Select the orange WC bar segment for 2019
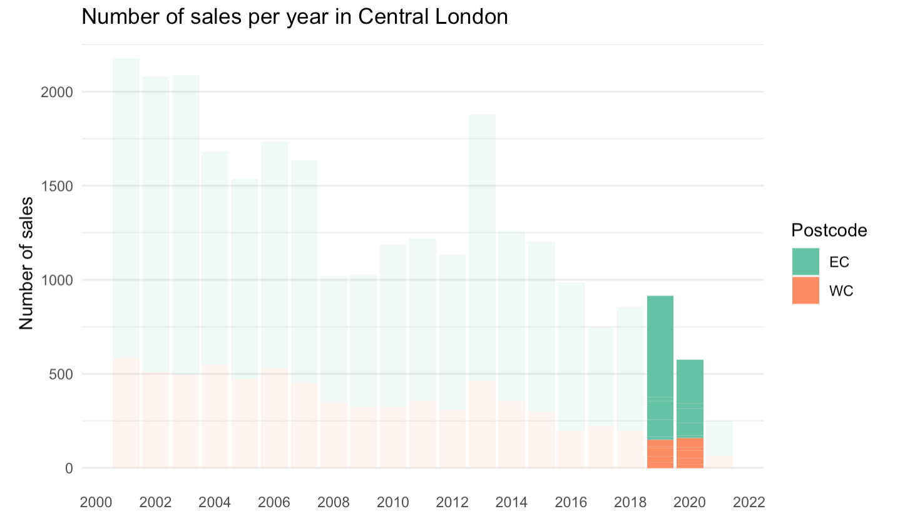click(x=660, y=453)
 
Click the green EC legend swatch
click(x=805, y=262)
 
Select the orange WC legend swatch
click(x=805, y=291)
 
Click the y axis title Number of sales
click(x=26, y=262)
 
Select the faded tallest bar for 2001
click(x=126, y=213)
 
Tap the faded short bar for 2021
click(x=720, y=438)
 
